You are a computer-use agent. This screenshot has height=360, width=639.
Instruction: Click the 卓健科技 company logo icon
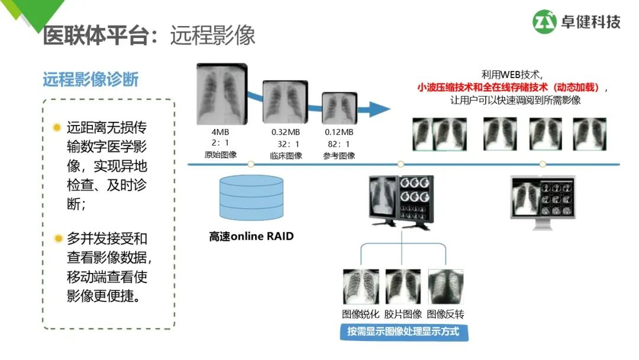pos(545,22)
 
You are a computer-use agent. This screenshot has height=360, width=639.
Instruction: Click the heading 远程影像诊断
pos(91,80)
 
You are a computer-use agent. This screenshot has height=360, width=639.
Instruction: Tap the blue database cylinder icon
pos(251,198)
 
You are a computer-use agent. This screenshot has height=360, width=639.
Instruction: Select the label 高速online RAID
pos(251,237)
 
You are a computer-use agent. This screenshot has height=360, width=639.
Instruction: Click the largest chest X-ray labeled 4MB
pos(221,94)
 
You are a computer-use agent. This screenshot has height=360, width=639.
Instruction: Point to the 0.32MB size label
pos(286,132)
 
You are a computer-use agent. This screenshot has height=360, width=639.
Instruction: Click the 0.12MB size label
pos(338,132)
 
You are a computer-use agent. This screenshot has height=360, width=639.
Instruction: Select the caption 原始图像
pos(221,155)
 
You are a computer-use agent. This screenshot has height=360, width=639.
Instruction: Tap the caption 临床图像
pos(286,155)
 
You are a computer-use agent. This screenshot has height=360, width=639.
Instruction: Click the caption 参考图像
pos(339,155)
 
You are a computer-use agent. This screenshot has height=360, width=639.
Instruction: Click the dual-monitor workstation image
pos(401,201)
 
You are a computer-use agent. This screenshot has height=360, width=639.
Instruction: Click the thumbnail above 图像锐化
pos(360,287)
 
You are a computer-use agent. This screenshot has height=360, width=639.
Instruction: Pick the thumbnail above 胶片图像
pos(403,287)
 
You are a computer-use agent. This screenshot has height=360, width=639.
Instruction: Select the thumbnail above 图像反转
pos(446,287)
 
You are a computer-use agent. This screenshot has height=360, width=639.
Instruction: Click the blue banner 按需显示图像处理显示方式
pos(404,332)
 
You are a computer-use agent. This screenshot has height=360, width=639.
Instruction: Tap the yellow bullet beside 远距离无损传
pos(57,127)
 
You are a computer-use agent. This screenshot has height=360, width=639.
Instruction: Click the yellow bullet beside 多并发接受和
pos(57,239)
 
